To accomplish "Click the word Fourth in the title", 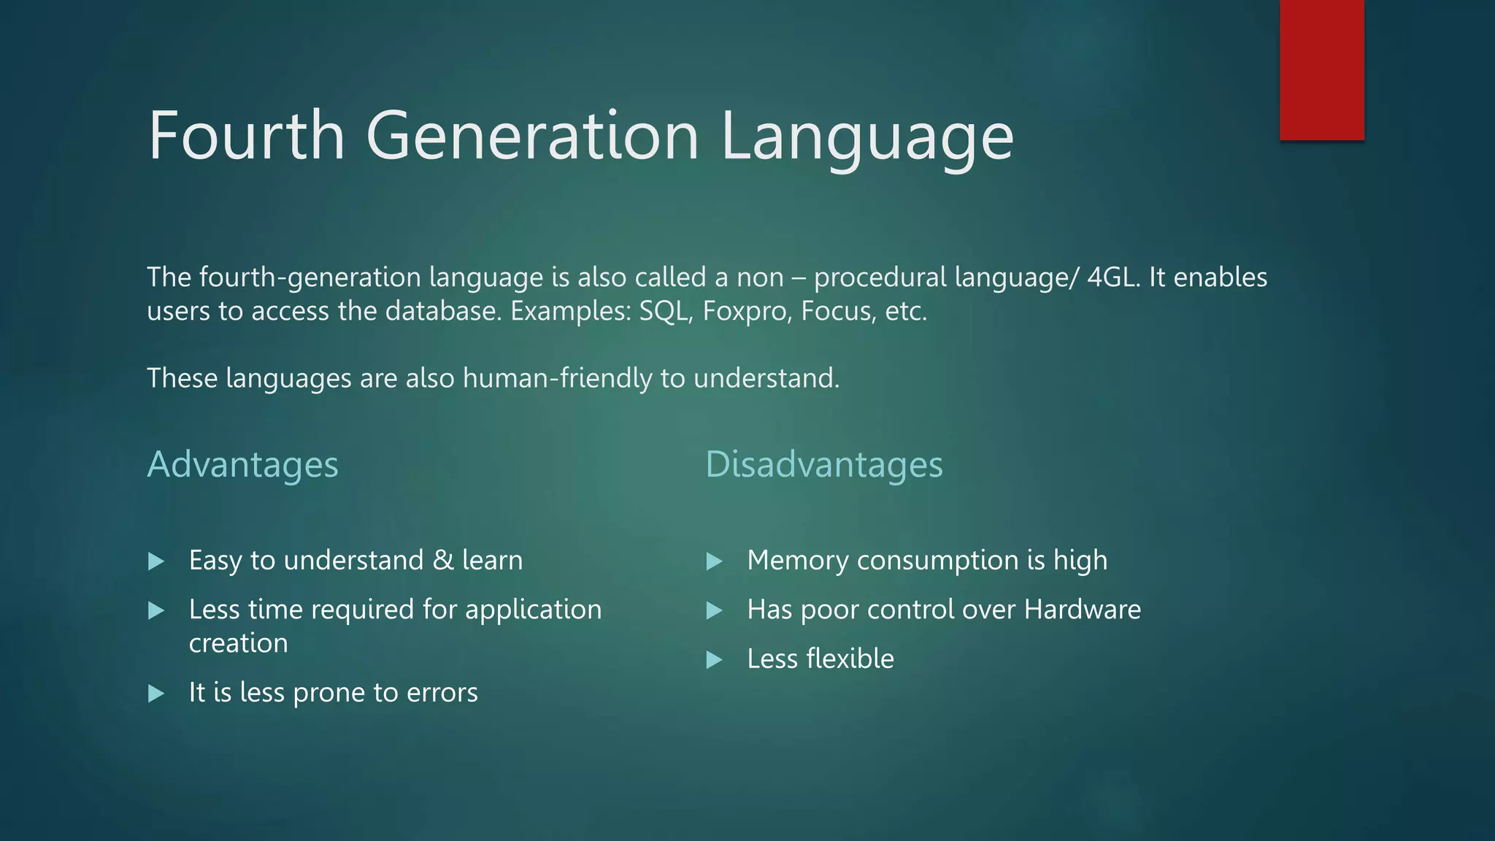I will click(x=246, y=136).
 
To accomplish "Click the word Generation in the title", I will click(x=532, y=136).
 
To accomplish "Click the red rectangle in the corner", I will click(x=1321, y=69).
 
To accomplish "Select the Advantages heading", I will click(x=242, y=465).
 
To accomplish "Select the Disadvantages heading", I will click(x=823, y=465).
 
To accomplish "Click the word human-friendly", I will click(x=558, y=379).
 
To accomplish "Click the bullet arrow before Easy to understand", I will click(x=156, y=561).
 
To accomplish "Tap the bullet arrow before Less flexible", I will click(x=715, y=660).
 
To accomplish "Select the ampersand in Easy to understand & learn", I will click(x=442, y=561).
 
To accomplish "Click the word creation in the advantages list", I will click(x=238, y=643).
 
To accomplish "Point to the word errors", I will click(x=442, y=693).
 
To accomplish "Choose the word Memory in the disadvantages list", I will click(x=798, y=561).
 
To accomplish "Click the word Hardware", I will click(x=1082, y=610).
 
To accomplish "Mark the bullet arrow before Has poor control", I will click(x=715, y=610).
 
